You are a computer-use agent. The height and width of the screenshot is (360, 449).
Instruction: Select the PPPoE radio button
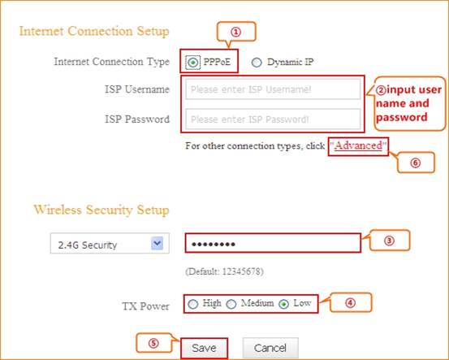(192, 62)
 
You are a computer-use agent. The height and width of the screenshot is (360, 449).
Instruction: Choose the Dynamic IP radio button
(257, 63)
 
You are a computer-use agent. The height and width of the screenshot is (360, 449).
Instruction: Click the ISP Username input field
(273, 89)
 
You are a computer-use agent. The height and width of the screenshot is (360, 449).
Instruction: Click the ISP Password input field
(273, 119)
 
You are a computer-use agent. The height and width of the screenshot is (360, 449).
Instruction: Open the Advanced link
(358, 145)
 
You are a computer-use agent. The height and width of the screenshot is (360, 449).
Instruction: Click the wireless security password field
(273, 243)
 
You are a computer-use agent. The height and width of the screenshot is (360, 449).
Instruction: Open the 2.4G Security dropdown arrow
(157, 243)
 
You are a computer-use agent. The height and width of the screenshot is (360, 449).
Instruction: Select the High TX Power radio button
(193, 304)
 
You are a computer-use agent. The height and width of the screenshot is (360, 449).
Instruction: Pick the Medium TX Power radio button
(231, 304)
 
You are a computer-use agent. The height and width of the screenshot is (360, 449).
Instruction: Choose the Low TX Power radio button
(284, 304)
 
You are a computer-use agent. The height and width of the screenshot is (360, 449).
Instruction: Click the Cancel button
(270, 348)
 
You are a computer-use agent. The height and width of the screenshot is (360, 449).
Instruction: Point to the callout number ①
(236, 32)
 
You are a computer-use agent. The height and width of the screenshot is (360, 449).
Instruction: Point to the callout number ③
(389, 241)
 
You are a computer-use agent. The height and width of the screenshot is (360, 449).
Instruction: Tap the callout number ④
(350, 302)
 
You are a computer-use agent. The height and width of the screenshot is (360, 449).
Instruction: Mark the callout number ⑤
(153, 343)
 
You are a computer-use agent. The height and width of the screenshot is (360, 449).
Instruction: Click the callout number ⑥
(415, 163)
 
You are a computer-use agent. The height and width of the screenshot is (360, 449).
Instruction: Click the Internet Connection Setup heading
(94, 31)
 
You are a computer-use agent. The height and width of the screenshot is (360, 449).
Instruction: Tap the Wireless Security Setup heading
(101, 210)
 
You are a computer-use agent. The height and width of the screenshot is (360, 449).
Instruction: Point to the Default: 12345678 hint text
(224, 271)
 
